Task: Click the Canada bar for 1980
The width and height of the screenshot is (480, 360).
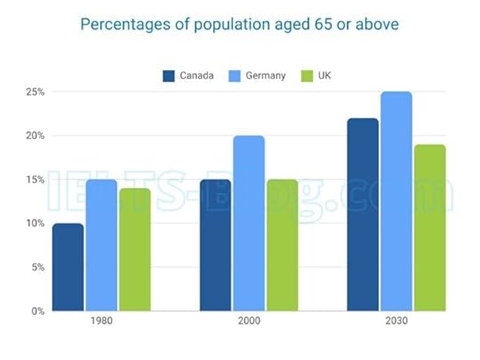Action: click(68, 267)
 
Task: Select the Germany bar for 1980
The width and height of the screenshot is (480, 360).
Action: click(100, 245)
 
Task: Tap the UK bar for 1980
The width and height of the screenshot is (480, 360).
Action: click(134, 250)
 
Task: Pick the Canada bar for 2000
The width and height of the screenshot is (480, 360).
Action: click(215, 245)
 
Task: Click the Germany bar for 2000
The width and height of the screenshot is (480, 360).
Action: click(248, 223)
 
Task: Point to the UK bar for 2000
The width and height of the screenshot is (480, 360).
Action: click(282, 245)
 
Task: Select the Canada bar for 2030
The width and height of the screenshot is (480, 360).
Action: click(362, 214)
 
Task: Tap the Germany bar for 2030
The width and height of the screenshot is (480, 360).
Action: click(396, 201)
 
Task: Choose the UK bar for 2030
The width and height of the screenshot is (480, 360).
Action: click(429, 228)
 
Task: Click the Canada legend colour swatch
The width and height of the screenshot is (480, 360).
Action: click(169, 76)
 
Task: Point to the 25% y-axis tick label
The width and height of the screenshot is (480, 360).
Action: click(34, 92)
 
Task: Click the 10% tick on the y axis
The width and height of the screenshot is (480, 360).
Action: click(34, 223)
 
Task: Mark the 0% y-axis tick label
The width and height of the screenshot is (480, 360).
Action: click(36, 311)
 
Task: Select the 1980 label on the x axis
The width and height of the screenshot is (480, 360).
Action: click(101, 322)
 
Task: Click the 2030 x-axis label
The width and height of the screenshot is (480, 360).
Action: click(396, 322)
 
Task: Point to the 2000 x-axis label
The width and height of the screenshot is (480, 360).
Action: click(248, 322)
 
